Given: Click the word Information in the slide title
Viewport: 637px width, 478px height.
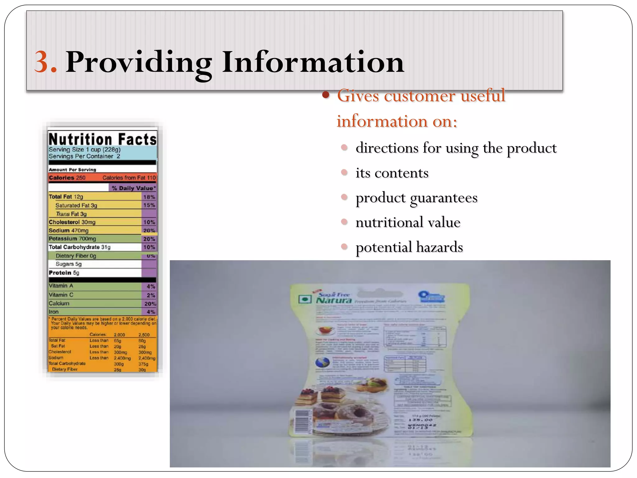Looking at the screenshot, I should (313, 62).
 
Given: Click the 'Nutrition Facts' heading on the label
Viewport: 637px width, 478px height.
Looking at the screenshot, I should (102, 139).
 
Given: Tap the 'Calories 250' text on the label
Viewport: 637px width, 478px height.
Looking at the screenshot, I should (67, 178).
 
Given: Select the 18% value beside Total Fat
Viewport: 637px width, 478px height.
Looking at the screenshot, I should (149, 197).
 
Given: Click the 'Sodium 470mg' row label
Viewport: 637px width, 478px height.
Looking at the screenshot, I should (69, 231).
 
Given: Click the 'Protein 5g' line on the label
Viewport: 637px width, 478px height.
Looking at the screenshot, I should (64, 273).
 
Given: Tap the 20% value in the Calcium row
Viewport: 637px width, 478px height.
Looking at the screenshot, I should (150, 303).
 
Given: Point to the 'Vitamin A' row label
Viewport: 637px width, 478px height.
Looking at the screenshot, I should (61, 286).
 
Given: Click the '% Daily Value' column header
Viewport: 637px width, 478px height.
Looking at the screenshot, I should (133, 188).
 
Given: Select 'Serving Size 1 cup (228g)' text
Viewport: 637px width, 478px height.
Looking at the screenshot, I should (85, 149).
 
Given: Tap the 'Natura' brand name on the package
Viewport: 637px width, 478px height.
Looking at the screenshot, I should (334, 300).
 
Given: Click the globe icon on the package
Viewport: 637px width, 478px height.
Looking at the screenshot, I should (323, 363).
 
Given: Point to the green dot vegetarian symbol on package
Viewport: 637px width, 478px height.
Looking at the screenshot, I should (305, 299).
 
